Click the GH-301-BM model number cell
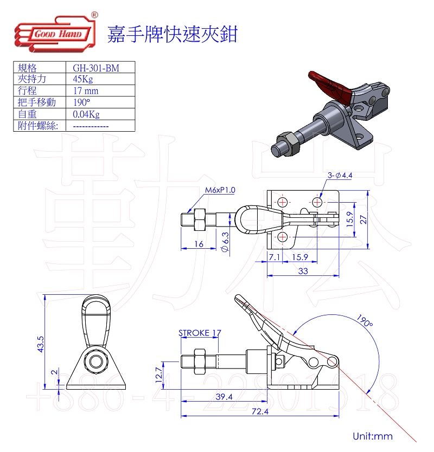click(x=95, y=68)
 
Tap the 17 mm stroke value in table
click(x=86, y=91)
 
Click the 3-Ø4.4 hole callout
click(x=340, y=175)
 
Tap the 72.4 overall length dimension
click(x=260, y=411)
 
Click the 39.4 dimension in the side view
click(x=224, y=397)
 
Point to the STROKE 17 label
click(x=200, y=333)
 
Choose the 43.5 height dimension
click(x=40, y=344)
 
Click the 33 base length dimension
click(x=303, y=271)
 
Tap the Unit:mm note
click(x=372, y=436)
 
